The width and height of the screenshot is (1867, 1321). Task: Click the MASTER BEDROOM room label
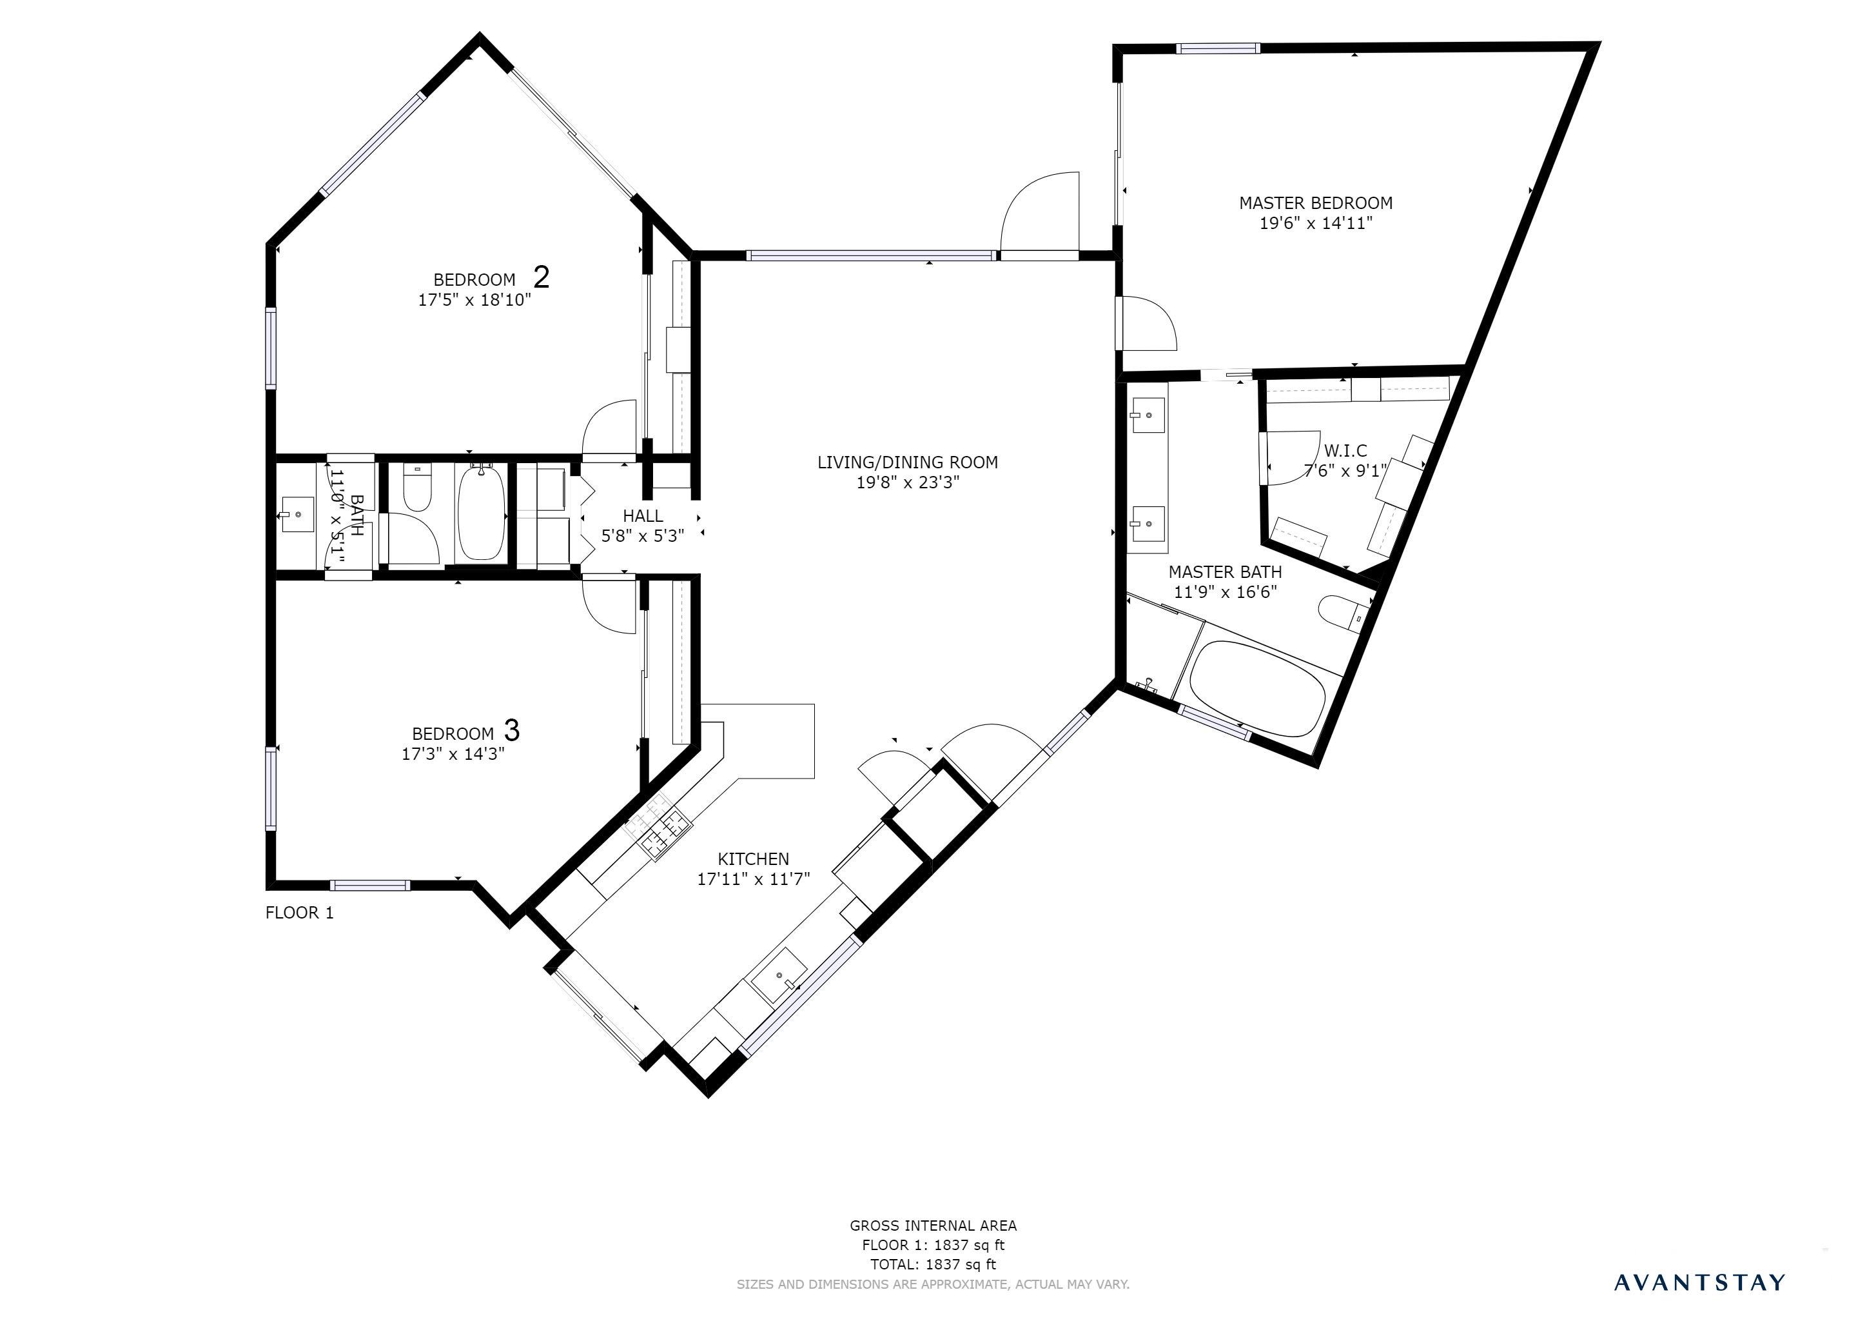(x=1315, y=203)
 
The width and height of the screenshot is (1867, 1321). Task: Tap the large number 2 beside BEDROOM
(x=541, y=277)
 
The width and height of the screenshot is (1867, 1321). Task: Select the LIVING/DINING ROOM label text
(x=908, y=462)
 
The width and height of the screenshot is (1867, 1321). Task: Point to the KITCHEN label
(x=753, y=859)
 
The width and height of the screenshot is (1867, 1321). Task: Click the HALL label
(x=642, y=516)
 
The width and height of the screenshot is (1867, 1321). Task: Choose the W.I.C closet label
(x=1345, y=451)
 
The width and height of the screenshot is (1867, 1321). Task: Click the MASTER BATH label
(x=1225, y=572)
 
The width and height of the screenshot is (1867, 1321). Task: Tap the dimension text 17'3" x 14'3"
(x=453, y=754)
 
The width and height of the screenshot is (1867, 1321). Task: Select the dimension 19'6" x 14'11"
(x=1316, y=224)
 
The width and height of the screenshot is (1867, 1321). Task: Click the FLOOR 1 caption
(x=299, y=913)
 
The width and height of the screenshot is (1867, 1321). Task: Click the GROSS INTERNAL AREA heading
(x=933, y=1226)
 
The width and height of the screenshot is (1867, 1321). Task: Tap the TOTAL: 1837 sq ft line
(x=933, y=1265)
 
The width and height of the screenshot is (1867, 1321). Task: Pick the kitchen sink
(x=778, y=975)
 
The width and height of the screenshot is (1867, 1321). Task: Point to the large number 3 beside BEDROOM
(x=511, y=730)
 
